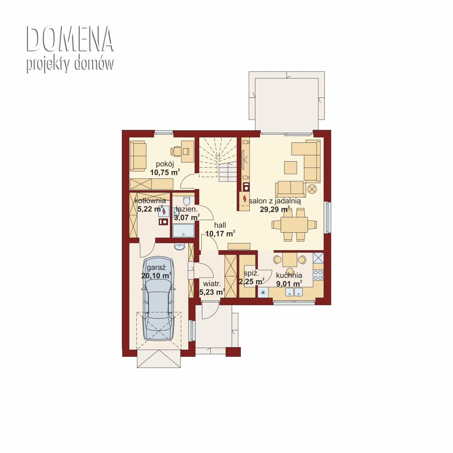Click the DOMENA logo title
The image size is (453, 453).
point(70,39)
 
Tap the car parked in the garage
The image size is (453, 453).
point(159,298)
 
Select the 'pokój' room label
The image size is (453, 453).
point(165,164)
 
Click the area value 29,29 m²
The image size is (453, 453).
point(275,209)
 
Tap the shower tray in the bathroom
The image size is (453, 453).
point(183,231)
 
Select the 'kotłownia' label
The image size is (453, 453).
point(150,201)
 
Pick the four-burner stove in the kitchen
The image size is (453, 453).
point(318,275)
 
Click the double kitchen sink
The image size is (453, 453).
point(294,292)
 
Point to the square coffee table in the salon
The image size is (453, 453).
point(290,168)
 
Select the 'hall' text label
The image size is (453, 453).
point(220,225)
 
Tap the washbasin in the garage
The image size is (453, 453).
point(179,246)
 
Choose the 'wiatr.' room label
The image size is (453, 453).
point(212,284)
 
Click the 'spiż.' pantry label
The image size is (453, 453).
point(251,273)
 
